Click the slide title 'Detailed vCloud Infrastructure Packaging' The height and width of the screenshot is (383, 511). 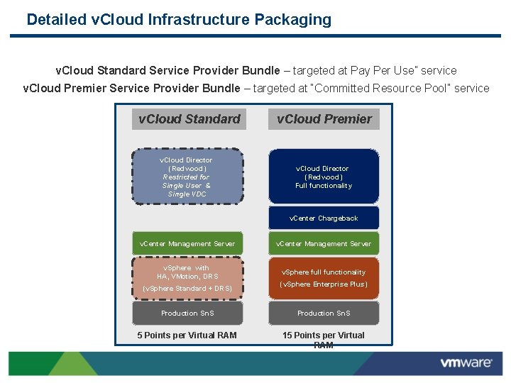point(179,20)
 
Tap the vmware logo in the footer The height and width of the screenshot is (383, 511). point(466,363)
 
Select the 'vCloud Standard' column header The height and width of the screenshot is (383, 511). point(189,119)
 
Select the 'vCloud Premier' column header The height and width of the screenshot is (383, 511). point(324,119)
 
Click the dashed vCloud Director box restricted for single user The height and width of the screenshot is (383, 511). point(186,177)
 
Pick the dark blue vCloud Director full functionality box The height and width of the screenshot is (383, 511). point(324,177)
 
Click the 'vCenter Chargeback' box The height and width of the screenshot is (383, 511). point(324,218)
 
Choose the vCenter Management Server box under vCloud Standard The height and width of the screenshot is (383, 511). point(187,244)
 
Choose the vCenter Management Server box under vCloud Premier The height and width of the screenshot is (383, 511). point(324,244)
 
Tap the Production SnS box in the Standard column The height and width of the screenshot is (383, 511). point(187,313)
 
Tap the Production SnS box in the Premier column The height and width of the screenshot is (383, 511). point(324,313)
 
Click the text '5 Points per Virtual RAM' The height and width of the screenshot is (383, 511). point(187,335)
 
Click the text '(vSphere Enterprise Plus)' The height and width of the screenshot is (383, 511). point(324,284)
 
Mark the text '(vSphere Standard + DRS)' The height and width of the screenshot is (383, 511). point(187,289)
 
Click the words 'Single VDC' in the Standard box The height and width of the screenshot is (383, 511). point(187,194)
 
